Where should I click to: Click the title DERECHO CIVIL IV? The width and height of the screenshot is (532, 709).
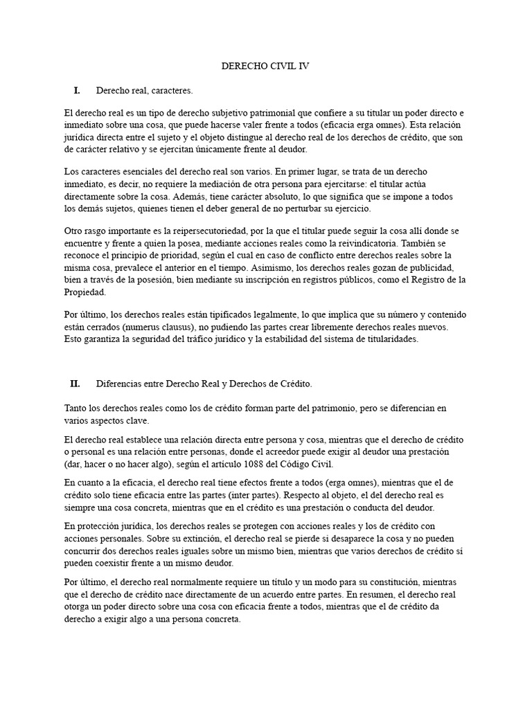[x=265, y=66]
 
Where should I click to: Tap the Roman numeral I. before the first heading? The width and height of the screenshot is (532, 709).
[x=76, y=91]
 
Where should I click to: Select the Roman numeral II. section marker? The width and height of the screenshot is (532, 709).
[x=76, y=383]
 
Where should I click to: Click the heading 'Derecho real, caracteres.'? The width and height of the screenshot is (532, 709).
[x=144, y=91]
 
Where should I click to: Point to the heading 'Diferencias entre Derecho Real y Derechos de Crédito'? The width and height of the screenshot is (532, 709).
[x=204, y=383]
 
